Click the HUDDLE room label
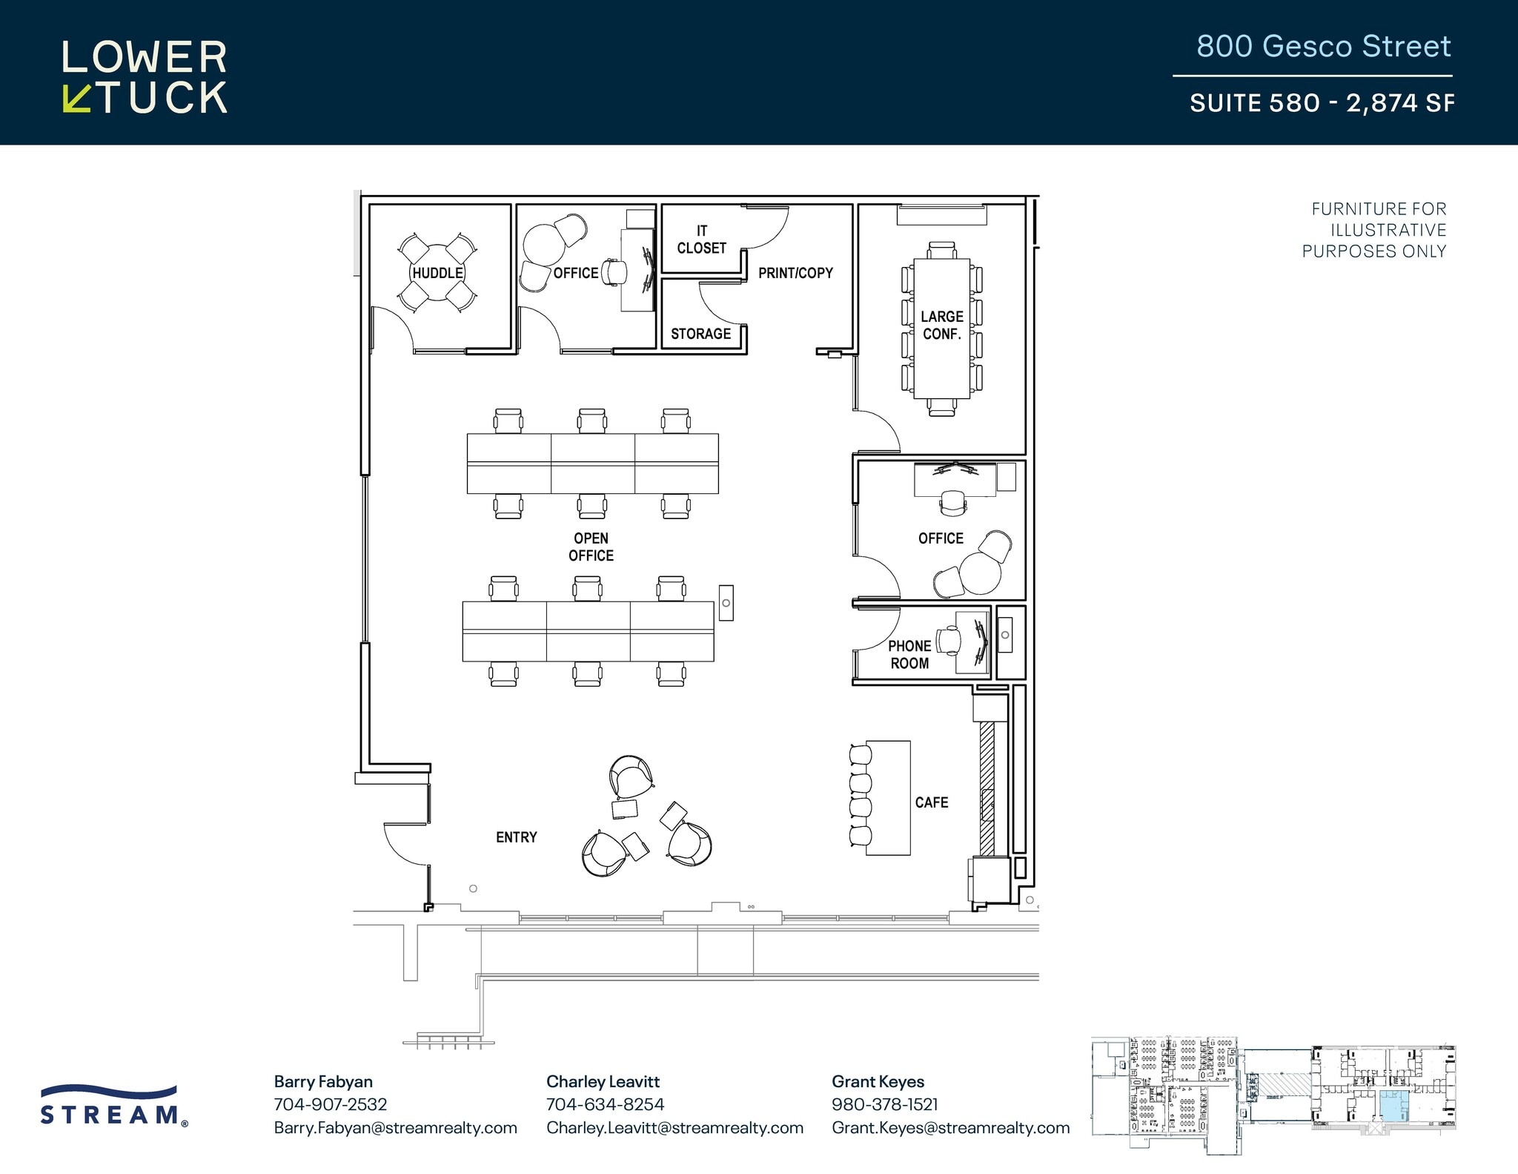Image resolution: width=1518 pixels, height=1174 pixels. (437, 273)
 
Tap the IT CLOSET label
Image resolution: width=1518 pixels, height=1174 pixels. (701, 240)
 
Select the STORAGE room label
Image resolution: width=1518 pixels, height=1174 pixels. (700, 334)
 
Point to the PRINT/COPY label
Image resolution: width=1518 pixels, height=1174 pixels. (795, 273)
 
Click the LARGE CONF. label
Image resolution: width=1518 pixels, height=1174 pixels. (941, 326)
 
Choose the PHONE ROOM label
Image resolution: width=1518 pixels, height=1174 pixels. (909, 655)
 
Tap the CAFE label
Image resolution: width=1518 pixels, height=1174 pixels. (932, 802)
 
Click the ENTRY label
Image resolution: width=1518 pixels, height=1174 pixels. (516, 837)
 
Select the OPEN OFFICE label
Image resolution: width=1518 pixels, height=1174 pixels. (591, 547)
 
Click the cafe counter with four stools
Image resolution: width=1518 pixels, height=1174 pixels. (888, 798)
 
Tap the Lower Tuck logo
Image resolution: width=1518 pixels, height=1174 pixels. (145, 77)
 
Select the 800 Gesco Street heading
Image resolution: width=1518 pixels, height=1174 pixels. (1323, 46)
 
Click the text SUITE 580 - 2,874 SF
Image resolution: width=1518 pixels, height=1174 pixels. (1322, 102)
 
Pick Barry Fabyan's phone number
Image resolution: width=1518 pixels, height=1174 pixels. (331, 1104)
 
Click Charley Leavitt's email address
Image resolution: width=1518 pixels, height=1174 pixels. (675, 1128)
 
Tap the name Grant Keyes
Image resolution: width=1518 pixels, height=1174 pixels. (878, 1081)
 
